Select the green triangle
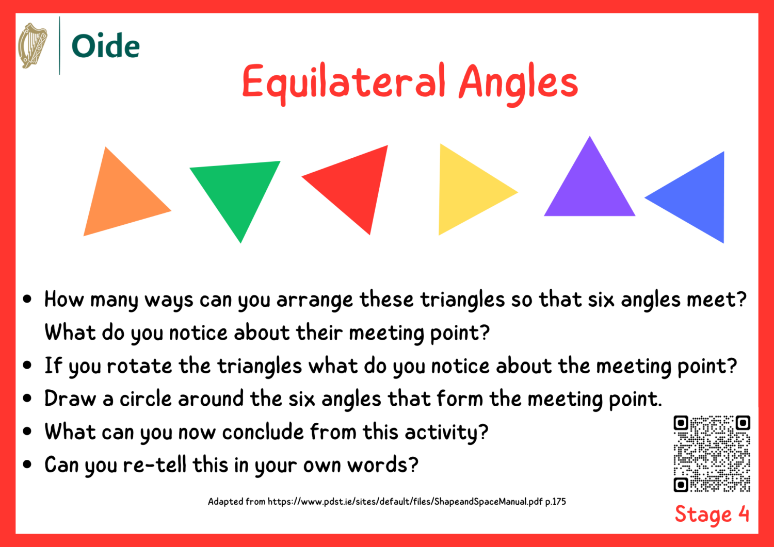[x=237, y=191]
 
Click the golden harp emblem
[x=33, y=45]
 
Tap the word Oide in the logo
[x=105, y=46]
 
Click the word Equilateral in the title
[x=343, y=82]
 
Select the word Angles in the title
[x=518, y=82]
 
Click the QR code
[x=712, y=453]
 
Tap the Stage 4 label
[x=712, y=514]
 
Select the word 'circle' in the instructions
[x=145, y=399]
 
